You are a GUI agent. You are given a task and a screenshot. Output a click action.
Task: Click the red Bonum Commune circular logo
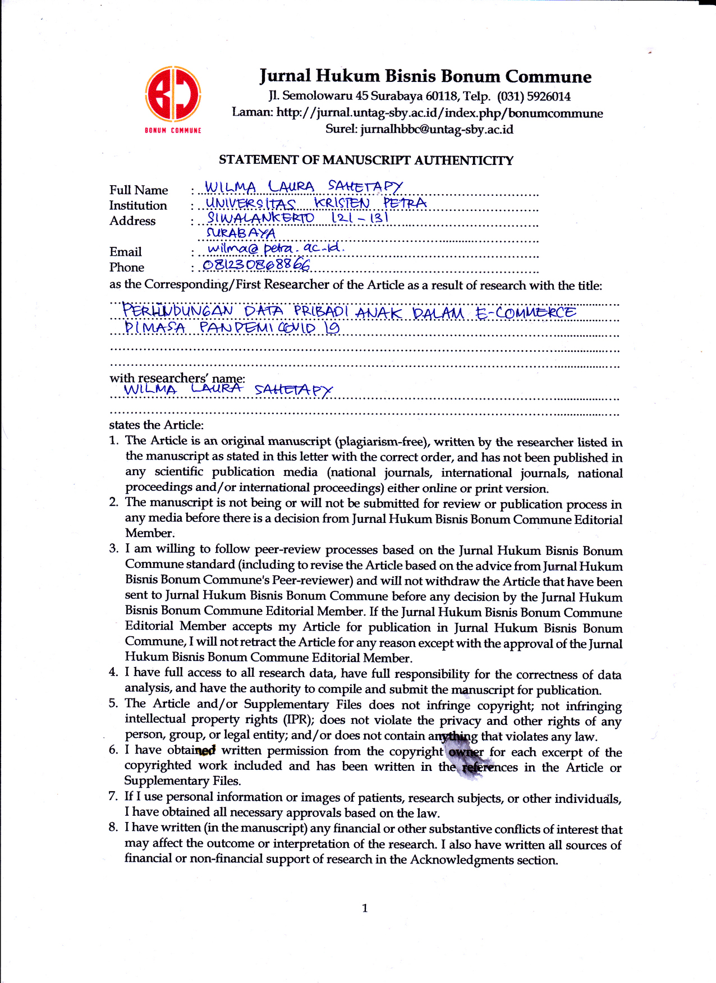click(x=173, y=94)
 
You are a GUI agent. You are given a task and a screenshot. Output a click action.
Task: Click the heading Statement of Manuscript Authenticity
click(x=366, y=160)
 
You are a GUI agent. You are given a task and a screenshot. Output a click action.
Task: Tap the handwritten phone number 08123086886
click(x=256, y=264)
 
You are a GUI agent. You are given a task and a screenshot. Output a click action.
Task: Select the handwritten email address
click(x=276, y=247)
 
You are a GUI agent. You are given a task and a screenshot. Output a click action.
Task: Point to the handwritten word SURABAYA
click(x=241, y=232)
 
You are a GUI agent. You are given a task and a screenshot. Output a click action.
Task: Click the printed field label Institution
click(x=138, y=205)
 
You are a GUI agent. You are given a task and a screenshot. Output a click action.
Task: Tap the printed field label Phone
click(x=127, y=267)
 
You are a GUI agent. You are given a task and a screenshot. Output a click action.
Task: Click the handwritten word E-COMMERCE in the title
click(x=525, y=312)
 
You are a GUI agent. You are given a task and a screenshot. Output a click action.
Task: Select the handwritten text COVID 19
click(x=308, y=327)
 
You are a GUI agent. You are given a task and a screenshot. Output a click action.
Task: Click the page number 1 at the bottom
click(x=365, y=908)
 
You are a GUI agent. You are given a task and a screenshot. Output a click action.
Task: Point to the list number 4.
click(x=113, y=672)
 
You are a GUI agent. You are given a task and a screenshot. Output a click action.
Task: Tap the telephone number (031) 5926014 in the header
click(x=533, y=96)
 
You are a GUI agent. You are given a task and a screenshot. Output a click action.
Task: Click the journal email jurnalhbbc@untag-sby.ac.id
click(x=437, y=130)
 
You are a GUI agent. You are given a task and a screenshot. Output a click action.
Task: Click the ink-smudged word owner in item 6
click(x=466, y=752)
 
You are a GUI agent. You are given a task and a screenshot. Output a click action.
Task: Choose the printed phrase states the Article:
click(x=157, y=425)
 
